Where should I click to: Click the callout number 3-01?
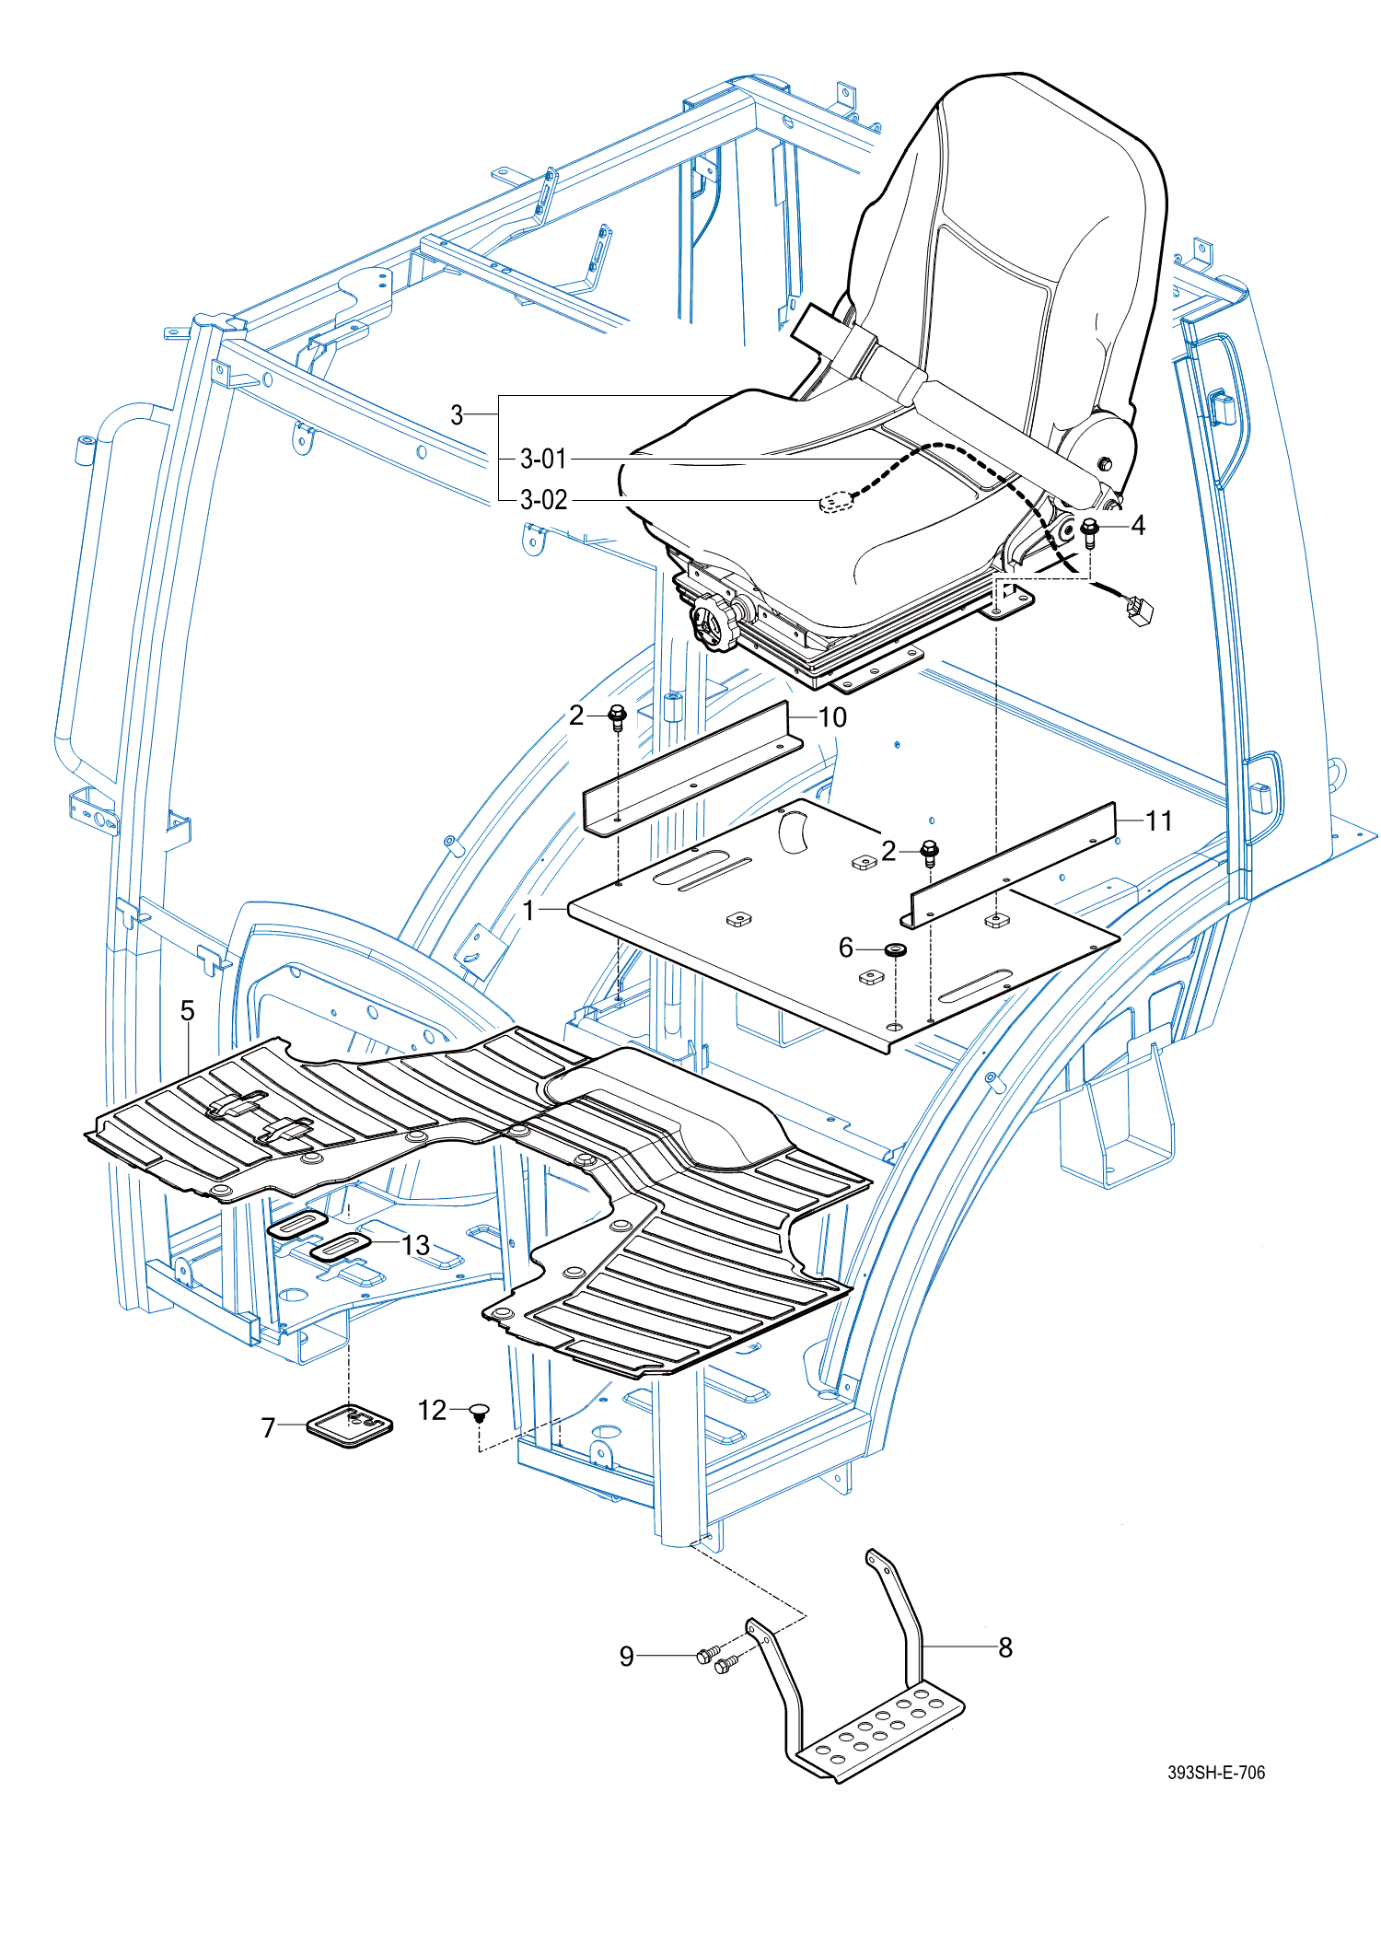click(x=543, y=459)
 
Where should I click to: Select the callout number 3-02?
click(x=543, y=500)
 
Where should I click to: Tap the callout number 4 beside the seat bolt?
click(x=1138, y=526)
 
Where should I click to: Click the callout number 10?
click(x=832, y=717)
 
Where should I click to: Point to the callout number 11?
click(x=1158, y=820)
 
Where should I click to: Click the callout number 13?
click(x=416, y=1245)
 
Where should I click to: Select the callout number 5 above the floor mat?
click(x=188, y=1011)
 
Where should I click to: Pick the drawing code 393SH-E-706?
click(x=1215, y=1773)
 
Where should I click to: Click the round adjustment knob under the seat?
click(x=715, y=623)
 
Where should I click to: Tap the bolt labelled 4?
click(x=1090, y=531)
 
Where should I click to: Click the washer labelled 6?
click(x=894, y=949)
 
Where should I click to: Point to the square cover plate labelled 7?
click(x=350, y=1426)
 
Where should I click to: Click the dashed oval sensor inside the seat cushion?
click(x=836, y=502)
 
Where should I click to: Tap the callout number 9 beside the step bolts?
click(x=627, y=1657)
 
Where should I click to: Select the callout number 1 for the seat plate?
click(x=528, y=910)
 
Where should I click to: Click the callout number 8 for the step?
click(x=1005, y=1647)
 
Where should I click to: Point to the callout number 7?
click(x=268, y=1427)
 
